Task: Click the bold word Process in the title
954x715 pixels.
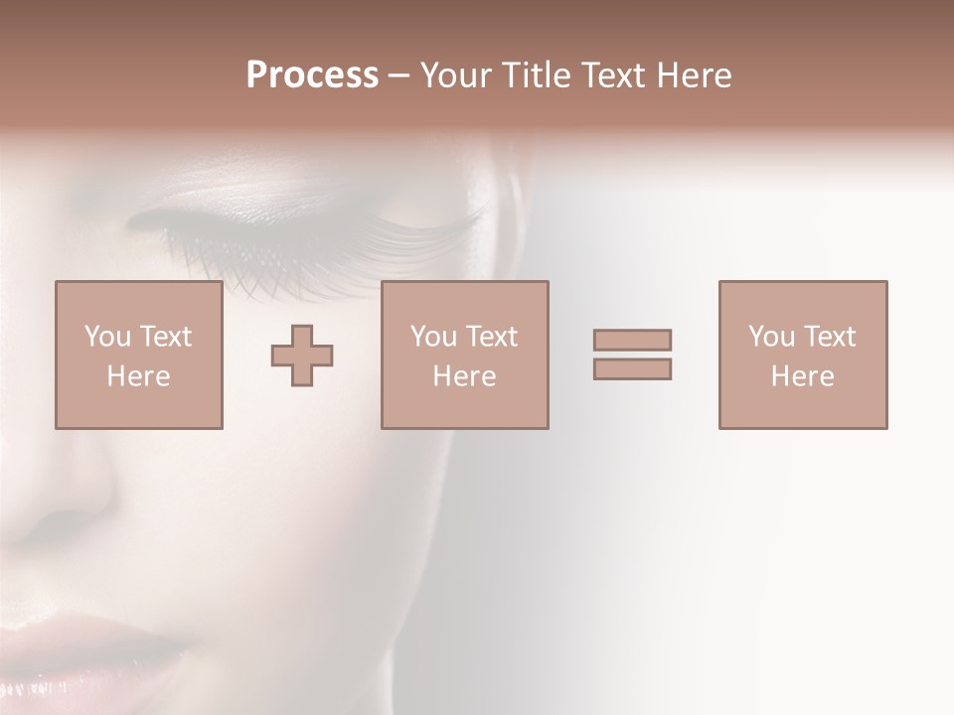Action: pos(312,75)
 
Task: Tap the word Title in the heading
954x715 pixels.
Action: pos(533,75)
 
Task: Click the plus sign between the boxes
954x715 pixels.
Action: pos(302,356)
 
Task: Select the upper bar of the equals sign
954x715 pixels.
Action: pos(632,340)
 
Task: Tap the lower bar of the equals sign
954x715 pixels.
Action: pos(632,368)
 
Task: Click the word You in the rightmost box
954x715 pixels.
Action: pos(771,337)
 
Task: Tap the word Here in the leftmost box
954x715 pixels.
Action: pos(138,376)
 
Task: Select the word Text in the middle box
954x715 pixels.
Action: pos(492,337)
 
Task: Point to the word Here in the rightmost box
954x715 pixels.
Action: pos(802,376)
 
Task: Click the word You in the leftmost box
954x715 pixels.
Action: pos(107,337)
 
